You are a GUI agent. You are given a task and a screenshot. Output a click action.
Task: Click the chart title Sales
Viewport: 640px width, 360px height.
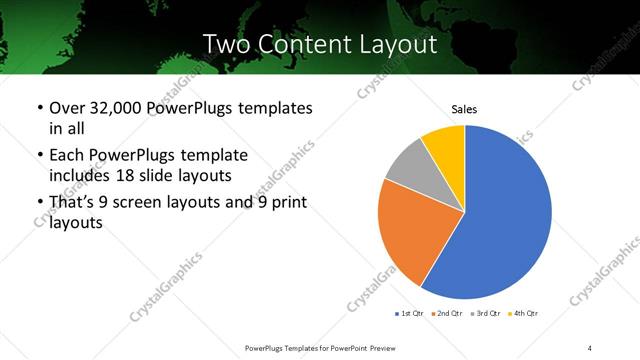tap(465, 108)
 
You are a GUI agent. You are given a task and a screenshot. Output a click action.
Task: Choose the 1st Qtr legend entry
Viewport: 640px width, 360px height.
tap(410, 314)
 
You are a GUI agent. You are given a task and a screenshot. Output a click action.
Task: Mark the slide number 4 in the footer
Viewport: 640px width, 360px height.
tap(590, 347)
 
